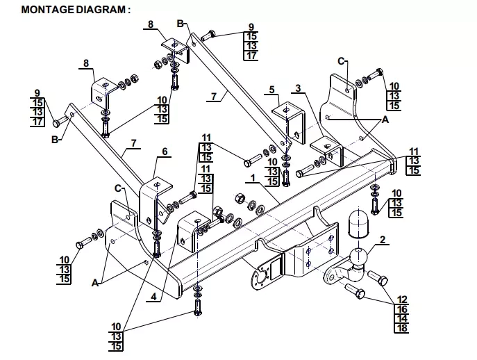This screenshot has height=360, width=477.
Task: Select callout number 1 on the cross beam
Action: click(x=253, y=178)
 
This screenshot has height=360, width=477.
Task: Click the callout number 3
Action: click(x=297, y=88)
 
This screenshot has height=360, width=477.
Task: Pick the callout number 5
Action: click(x=273, y=90)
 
